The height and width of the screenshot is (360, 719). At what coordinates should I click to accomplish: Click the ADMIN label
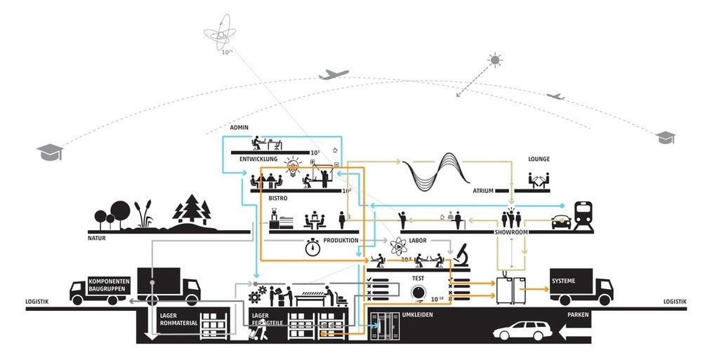point(240,128)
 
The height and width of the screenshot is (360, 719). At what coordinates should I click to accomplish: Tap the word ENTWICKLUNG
point(259,159)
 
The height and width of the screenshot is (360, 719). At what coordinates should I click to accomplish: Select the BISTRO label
point(278,199)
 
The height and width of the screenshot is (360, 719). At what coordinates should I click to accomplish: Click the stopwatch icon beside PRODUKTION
point(313,246)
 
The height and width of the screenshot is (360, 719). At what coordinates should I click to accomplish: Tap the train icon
point(583,216)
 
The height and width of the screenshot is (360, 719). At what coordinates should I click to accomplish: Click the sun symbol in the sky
point(496,60)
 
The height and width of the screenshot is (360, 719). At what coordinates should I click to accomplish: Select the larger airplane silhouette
point(333,74)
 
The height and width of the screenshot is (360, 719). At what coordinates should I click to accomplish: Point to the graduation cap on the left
point(50,151)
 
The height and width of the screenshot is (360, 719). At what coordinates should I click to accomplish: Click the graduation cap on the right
point(666,138)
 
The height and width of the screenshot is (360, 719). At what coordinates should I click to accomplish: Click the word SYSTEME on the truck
point(564,281)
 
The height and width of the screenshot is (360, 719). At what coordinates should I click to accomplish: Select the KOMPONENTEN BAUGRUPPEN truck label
point(108,285)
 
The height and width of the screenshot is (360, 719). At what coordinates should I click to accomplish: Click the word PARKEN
point(578,315)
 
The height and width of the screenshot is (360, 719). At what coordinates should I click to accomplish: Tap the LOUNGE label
point(539,159)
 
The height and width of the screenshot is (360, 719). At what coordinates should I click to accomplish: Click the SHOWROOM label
point(515,231)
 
